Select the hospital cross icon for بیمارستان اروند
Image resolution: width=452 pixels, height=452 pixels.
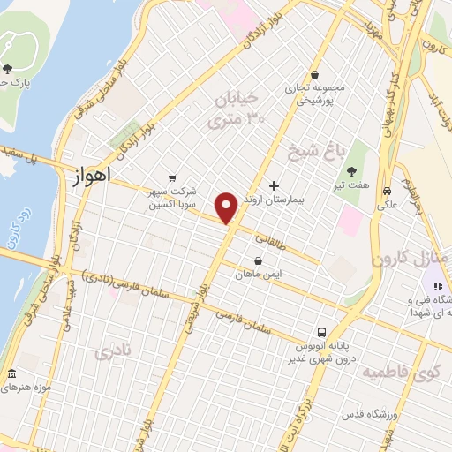coord(274,185)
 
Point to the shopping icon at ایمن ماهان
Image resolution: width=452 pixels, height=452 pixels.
coord(258,261)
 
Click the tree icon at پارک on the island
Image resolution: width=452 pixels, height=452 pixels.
coord(8,69)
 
